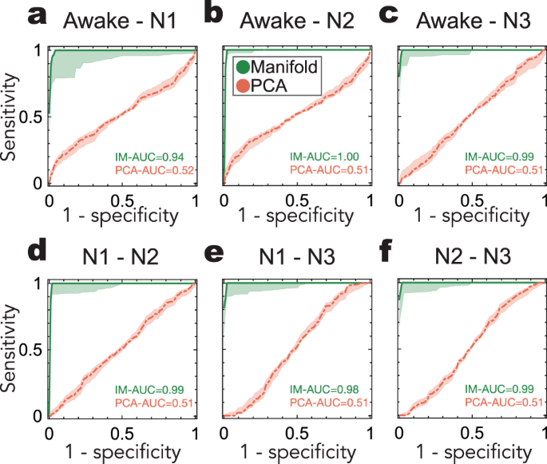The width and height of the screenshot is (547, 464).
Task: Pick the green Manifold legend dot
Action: (x=241, y=66)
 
